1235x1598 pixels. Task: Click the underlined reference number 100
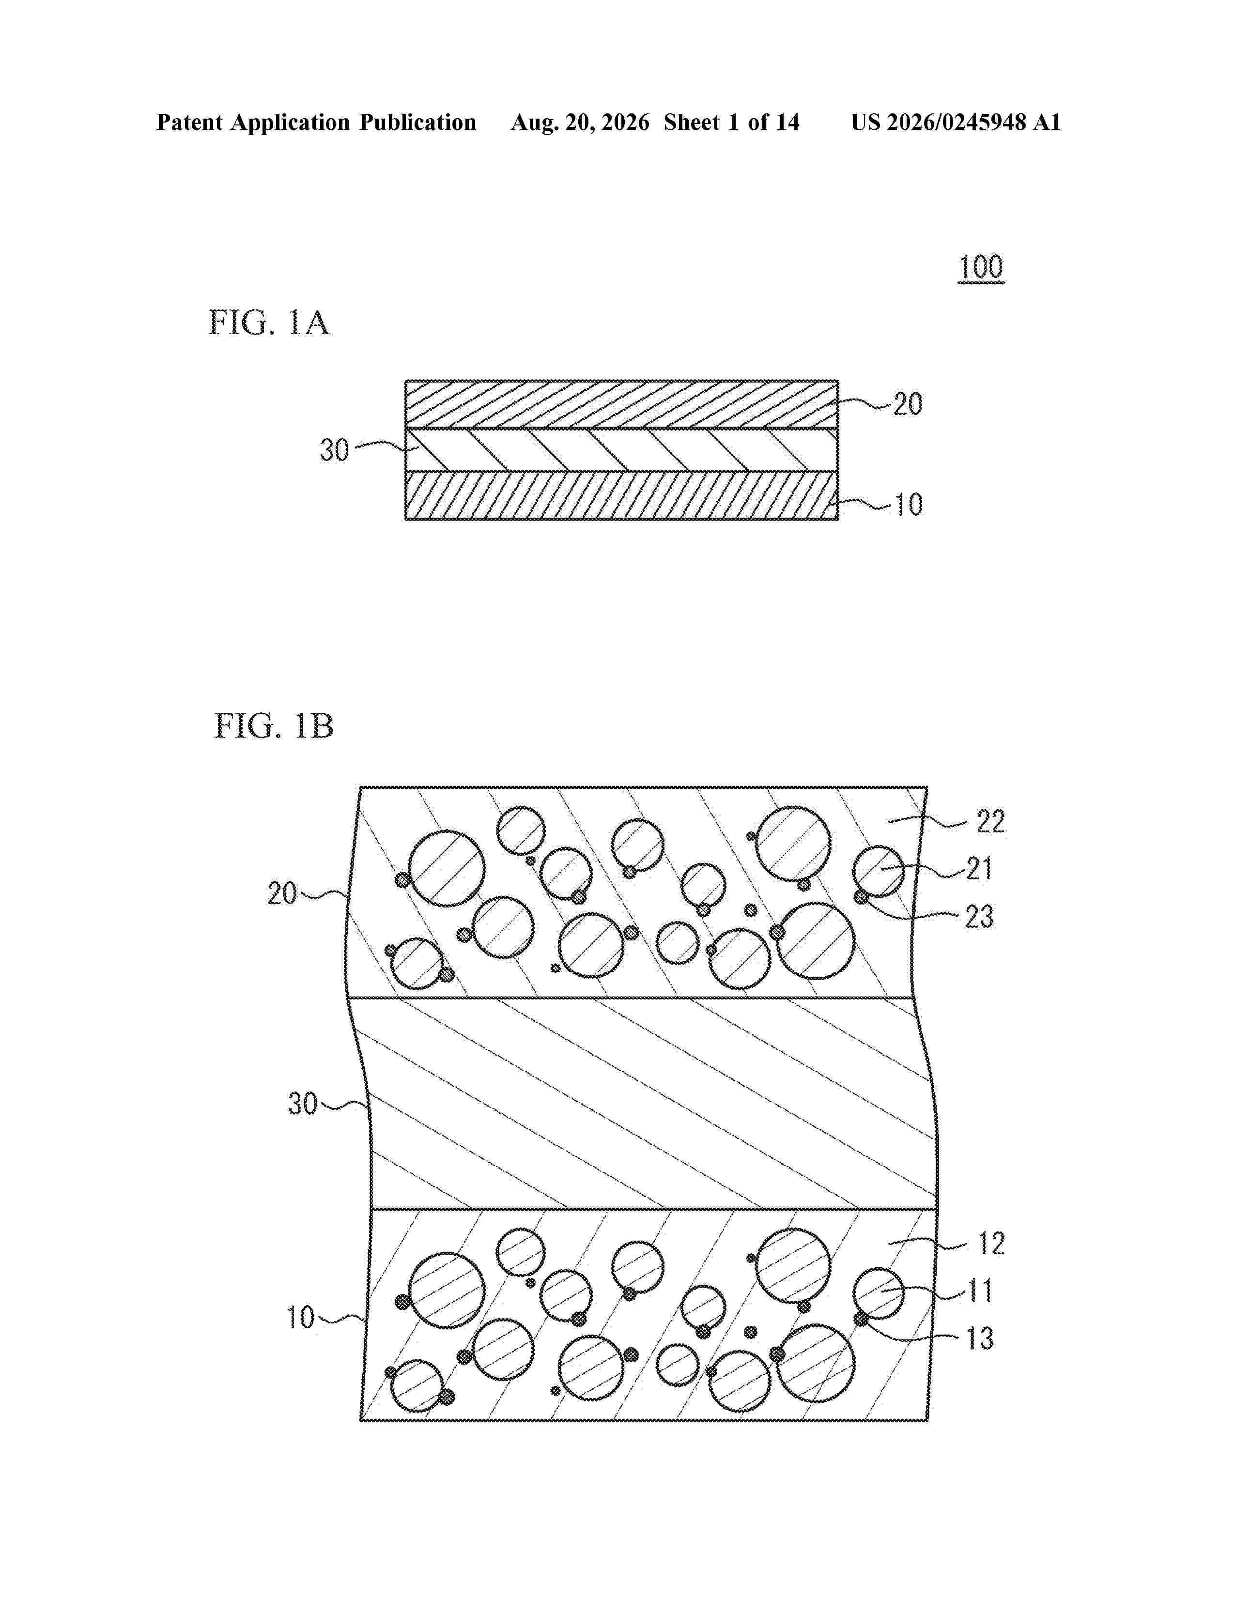(x=981, y=268)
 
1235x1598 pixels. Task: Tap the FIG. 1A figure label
(x=269, y=323)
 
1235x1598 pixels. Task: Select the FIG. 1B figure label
(x=274, y=726)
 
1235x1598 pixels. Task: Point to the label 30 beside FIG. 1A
(x=334, y=450)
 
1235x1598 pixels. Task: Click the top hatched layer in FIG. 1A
(x=622, y=405)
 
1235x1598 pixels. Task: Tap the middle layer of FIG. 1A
(x=622, y=450)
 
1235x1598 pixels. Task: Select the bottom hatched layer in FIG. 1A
(x=622, y=495)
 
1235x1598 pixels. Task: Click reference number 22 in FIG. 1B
(x=990, y=822)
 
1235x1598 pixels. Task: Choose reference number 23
(x=979, y=917)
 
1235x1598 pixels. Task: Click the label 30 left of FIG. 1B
(x=302, y=1104)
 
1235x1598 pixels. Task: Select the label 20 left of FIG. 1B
(x=282, y=893)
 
